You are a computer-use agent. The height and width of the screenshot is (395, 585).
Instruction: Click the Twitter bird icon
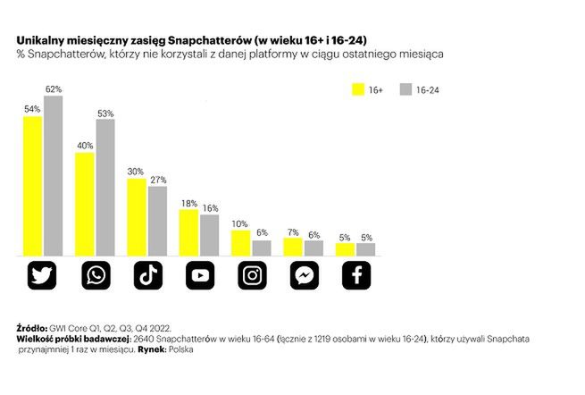(44, 275)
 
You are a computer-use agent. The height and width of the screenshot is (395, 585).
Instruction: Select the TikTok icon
(147, 275)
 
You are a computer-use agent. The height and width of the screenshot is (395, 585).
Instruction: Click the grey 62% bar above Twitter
(54, 175)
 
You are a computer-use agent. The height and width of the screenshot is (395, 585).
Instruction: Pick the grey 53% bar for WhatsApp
(105, 188)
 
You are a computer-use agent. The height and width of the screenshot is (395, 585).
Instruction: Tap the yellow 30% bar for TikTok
(137, 217)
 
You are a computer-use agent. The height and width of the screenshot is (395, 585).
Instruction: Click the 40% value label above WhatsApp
(85, 145)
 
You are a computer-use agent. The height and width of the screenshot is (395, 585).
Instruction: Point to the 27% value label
(158, 180)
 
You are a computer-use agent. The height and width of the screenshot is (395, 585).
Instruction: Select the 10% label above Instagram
(240, 223)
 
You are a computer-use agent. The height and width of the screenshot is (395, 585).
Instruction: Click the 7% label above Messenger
(292, 231)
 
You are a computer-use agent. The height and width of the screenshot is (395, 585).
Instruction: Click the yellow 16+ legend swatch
(361, 89)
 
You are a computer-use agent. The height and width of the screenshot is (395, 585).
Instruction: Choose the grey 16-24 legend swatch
(405, 89)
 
